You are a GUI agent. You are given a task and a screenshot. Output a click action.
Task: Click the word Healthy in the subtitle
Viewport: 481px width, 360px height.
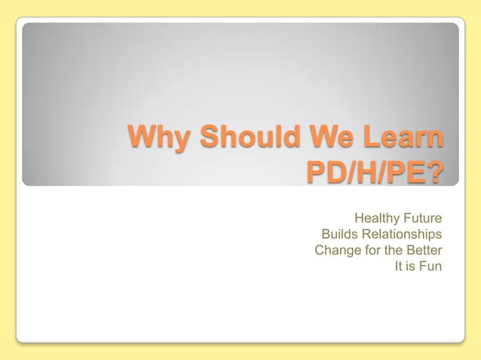[378, 218]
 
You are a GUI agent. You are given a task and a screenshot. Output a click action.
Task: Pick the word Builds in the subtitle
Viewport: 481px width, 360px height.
[339, 234]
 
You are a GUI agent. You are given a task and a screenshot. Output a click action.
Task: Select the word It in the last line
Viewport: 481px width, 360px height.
[400, 266]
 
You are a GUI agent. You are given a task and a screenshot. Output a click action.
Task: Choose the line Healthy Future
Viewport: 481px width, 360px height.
[398, 218]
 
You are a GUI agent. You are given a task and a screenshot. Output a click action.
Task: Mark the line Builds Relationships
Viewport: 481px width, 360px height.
[381, 234]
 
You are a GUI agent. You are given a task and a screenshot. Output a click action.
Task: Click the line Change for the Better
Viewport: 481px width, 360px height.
[378, 250]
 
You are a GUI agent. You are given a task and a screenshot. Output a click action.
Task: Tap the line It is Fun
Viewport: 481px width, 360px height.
[418, 266]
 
